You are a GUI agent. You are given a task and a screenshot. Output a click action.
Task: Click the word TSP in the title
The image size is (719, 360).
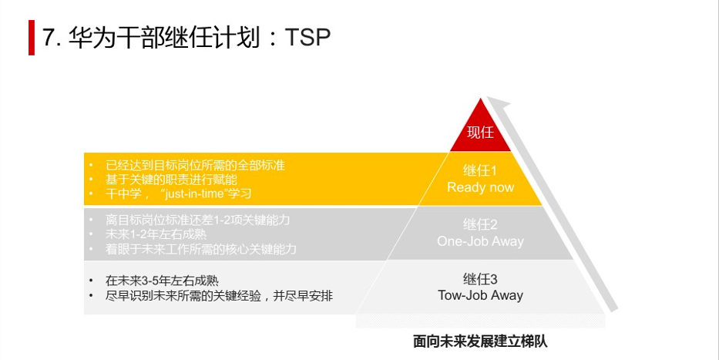(307, 38)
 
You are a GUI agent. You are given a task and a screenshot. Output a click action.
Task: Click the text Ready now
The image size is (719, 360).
(480, 187)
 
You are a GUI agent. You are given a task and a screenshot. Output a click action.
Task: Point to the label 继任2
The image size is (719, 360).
(480, 225)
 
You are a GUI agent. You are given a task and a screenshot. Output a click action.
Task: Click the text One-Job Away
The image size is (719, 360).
(480, 241)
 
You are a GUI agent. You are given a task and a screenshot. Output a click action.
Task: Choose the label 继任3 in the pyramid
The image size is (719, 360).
(480, 279)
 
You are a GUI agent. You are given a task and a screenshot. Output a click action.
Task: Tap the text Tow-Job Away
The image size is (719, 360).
(480, 295)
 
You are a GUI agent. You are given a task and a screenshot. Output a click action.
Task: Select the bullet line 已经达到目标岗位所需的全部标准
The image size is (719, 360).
(195, 166)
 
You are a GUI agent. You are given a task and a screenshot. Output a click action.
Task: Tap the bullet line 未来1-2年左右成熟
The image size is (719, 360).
(156, 234)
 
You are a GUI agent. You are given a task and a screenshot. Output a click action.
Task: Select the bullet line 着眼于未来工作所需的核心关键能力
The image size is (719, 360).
(201, 249)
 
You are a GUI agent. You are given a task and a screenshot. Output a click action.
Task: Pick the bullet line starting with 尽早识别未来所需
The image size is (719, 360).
(219, 296)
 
